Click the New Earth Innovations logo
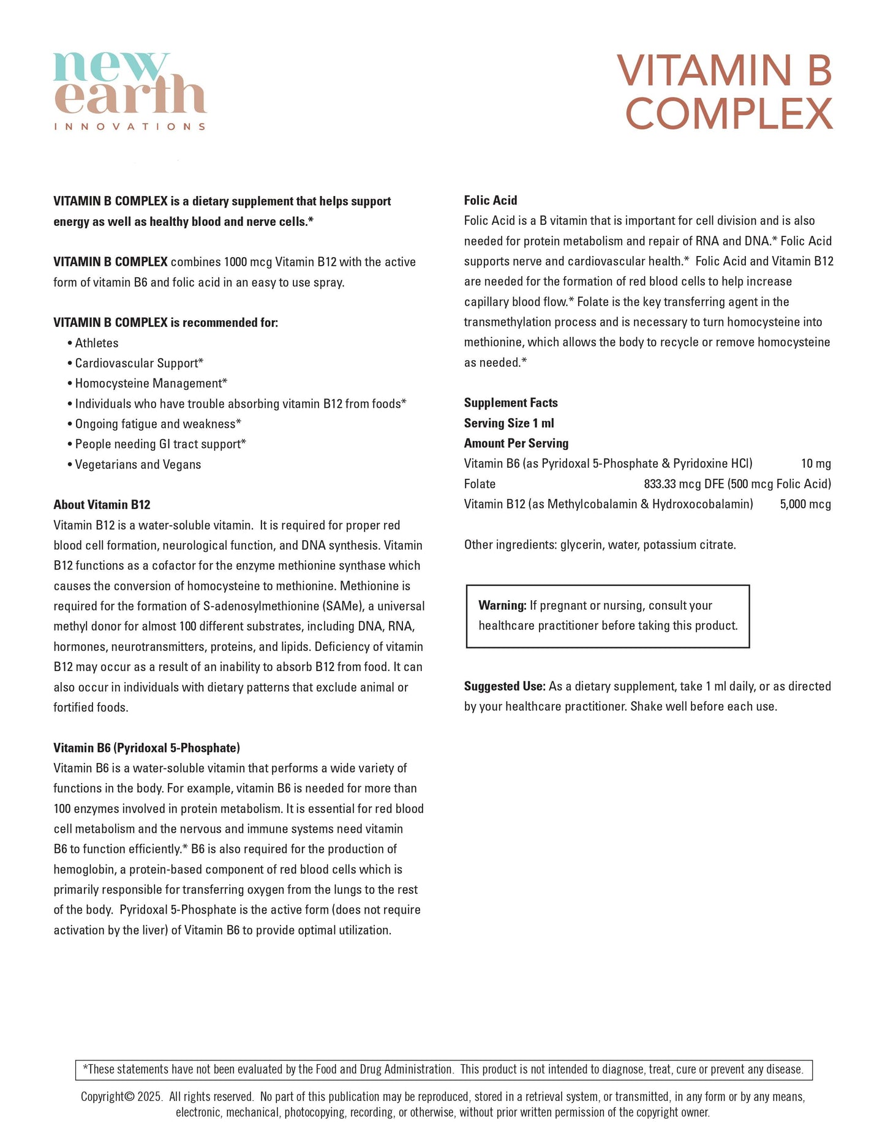(x=130, y=91)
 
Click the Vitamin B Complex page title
(x=726, y=92)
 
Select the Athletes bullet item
(x=97, y=343)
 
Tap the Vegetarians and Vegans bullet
(x=138, y=464)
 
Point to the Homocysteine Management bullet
(x=151, y=383)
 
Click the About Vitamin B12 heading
(x=102, y=505)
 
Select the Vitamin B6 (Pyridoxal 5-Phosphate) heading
(x=146, y=748)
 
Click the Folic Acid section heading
(x=490, y=200)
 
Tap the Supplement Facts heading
(x=510, y=402)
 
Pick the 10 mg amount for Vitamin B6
(x=815, y=464)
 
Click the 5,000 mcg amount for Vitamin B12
(x=805, y=504)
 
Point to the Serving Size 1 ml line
(x=508, y=422)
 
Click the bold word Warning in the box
(x=502, y=605)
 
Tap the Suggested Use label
(x=504, y=686)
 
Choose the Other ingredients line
(x=600, y=544)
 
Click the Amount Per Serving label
(x=516, y=443)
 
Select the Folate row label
(x=480, y=484)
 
